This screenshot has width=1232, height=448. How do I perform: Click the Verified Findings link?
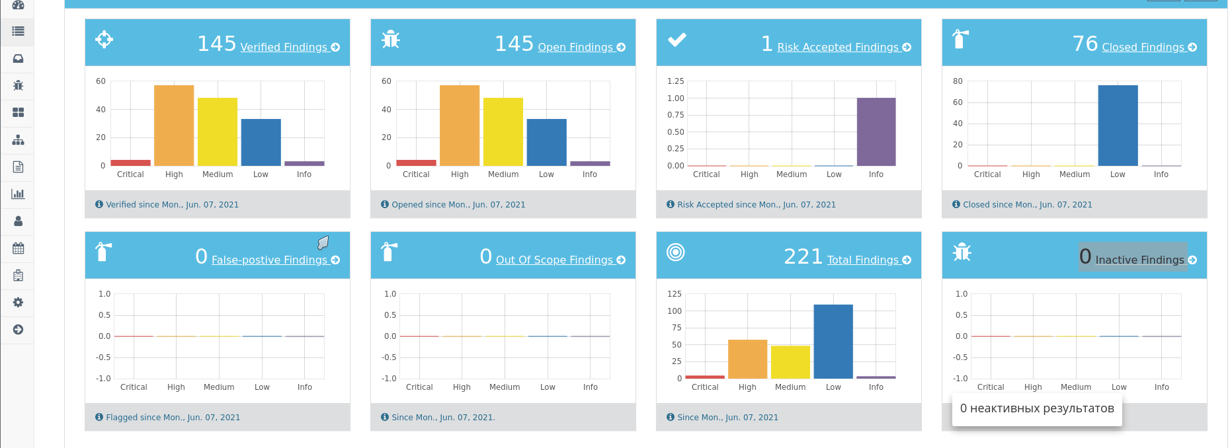pyautogui.click(x=284, y=48)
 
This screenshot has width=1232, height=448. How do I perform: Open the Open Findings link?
pyautogui.click(x=576, y=48)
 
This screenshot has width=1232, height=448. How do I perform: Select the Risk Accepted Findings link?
pyautogui.click(x=839, y=48)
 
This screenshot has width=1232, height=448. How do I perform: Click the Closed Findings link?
pyautogui.click(x=1143, y=48)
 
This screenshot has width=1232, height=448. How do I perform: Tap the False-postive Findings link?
pyautogui.click(x=270, y=260)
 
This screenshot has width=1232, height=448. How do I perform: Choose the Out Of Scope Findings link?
pyautogui.click(x=555, y=260)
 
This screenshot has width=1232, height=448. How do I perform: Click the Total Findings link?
pyautogui.click(x=863, y=260)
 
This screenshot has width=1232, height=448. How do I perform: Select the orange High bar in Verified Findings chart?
pyautogui.click(x=174, y=126)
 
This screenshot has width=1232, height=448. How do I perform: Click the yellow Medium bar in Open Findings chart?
pyautogui.click(x=503, y=132)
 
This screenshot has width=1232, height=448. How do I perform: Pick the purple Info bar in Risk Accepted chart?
pyautogui.click(x=876, y=132)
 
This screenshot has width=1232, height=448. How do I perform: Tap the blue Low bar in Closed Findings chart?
pyautogui.click(x=1118, y=126)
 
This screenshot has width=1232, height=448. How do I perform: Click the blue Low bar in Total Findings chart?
pyautogui.click(x=833, y=342)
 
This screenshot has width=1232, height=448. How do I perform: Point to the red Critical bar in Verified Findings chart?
pyautogui.click(x=130, y=163)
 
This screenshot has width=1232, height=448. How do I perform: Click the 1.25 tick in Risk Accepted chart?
pyautogui.click(x=675, y=81)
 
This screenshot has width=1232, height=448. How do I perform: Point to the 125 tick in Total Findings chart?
pyautogui.click(x=674, y=294)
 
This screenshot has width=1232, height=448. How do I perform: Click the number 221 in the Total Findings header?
pyautogui.click(x=803, y=256)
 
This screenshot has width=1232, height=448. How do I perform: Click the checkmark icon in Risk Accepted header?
pyautogui.click(x=677, y=40)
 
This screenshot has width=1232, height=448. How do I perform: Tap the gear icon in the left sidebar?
pyautogui.click(x=18, y=302)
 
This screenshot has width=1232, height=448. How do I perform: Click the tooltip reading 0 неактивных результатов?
pyautogui.click(x=1036, y=408)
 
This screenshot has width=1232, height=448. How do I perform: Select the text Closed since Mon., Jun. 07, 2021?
pyautogui.click(x=1027, y=205)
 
